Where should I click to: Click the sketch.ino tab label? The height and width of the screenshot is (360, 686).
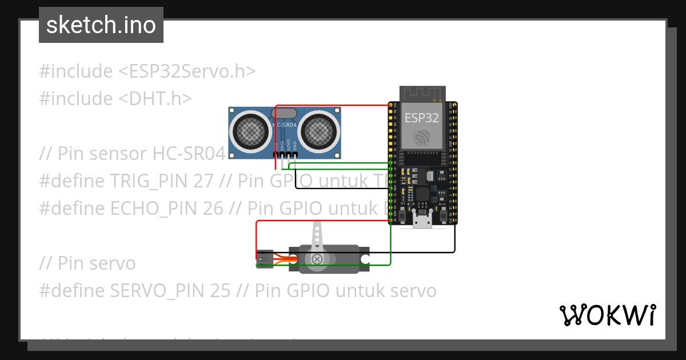point(101,25)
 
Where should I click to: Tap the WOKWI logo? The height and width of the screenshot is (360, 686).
point(607,315)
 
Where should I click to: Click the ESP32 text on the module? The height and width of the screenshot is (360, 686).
point(422,118)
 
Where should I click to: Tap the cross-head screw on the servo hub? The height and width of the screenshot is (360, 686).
point(317,259)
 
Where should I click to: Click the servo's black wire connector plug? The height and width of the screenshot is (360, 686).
point(264,259)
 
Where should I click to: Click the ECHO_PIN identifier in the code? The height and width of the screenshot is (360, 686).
point(154,209)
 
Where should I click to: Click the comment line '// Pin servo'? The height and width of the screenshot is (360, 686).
point(87,263)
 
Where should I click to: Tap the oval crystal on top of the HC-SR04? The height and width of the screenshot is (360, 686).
point(285,113)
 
